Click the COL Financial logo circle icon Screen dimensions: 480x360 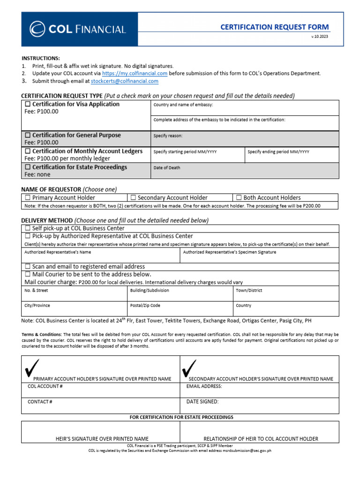[37, 29]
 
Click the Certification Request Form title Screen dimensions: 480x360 [275, 27]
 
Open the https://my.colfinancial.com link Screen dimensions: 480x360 [135, 74]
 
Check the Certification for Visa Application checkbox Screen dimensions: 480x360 [28, 104]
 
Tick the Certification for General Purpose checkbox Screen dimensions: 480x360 [28, 135]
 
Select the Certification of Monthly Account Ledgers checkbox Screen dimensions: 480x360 [28, 151]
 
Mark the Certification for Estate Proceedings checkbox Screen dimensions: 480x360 [28, 167]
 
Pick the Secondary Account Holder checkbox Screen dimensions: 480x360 [133, 198]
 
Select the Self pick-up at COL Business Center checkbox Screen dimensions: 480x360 [28, 228]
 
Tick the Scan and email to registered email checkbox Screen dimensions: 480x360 [28, 266]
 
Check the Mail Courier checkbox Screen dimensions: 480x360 [28, 274]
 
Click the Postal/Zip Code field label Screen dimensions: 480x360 [145, 306]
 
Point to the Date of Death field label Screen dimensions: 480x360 [166, 168]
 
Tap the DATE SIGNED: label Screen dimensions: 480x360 [202, 402]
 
